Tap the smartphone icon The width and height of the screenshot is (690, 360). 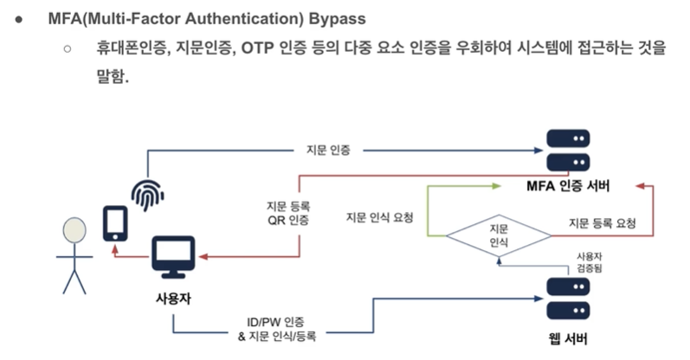tap(116, 223)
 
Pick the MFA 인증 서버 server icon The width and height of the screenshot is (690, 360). tap(568, 149)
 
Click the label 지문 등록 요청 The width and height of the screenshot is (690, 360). tap(603, 222)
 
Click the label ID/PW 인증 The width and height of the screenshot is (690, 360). tap(276, 321)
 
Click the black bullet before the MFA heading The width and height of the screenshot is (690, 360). tap(18, 19)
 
